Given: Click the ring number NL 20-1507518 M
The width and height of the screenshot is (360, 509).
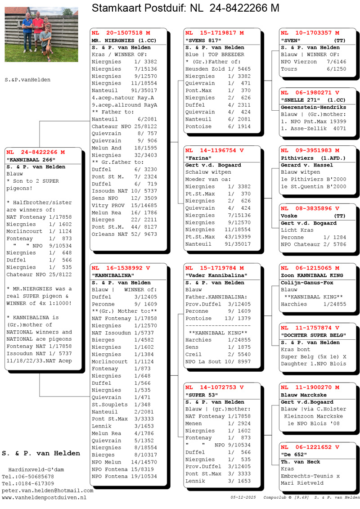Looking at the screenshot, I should (x=121, y=33).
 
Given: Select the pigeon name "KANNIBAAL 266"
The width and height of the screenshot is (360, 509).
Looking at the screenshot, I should (x=31, y=159).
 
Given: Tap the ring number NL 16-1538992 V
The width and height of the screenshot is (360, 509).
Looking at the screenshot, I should (x=121, y=267).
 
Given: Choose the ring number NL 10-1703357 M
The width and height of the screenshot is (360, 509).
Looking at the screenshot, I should (x=310, y=33).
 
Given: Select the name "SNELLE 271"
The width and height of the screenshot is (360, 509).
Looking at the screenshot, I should (x=300, y=100).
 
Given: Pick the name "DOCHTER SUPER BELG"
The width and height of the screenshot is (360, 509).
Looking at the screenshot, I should (x=313, y=335).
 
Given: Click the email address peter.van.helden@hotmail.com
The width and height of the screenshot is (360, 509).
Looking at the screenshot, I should (x=47, y=491).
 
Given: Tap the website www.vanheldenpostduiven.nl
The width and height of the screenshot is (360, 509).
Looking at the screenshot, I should (x=44, y=498).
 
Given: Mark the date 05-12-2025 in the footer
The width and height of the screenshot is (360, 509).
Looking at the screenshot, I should (x=243, y=497).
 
